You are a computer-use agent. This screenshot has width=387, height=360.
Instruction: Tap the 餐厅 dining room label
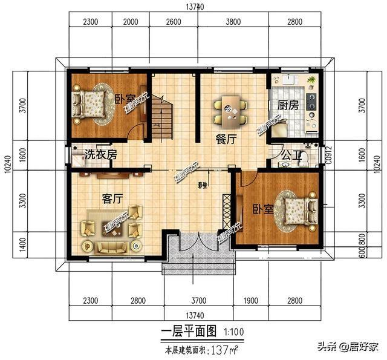(225, 138)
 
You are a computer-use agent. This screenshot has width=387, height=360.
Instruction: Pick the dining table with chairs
(230, 109)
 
